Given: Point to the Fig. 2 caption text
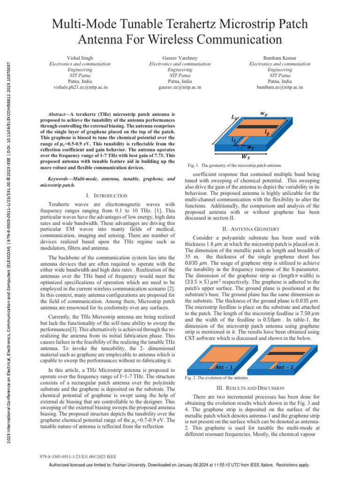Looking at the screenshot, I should tap(217, 378).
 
